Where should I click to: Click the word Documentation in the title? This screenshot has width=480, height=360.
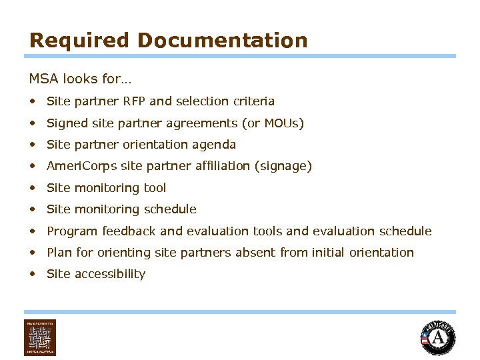click(x=223, y=41)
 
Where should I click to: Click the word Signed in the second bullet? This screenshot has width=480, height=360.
click(x=65, y=123)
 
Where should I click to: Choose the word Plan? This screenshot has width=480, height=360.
click(x=58, y=253)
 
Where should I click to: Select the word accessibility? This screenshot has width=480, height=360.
click(x=110, y=274)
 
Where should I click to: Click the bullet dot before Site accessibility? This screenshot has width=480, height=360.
click(x=33, y=274)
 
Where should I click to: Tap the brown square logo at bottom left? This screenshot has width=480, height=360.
click(x=40, y=338)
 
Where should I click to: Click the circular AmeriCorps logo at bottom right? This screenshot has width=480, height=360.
click(x=438, y=339)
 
